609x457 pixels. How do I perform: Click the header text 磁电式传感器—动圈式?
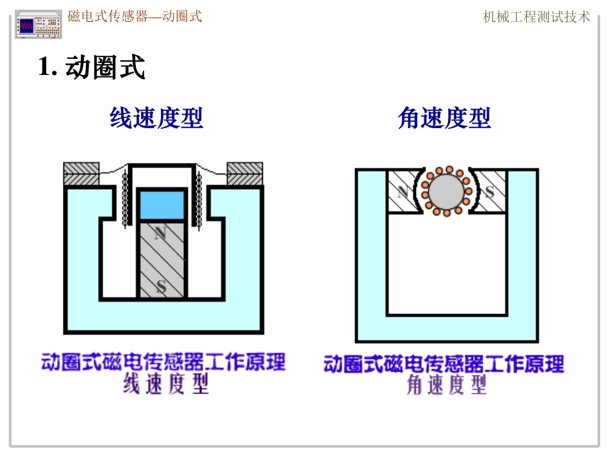[135, 17]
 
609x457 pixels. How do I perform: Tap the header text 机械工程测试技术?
[536, 17]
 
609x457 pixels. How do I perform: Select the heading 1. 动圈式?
[92, 67]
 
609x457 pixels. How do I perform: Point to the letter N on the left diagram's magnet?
[160, 234]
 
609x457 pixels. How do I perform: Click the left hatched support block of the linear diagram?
[81, 174]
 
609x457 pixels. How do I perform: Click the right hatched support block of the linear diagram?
[245, 174]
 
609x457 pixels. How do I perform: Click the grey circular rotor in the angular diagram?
[445, 191]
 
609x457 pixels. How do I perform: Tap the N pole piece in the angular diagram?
[403, 191]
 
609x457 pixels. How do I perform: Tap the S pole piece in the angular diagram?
[488, 191]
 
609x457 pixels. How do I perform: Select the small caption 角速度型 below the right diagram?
[447, 385]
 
